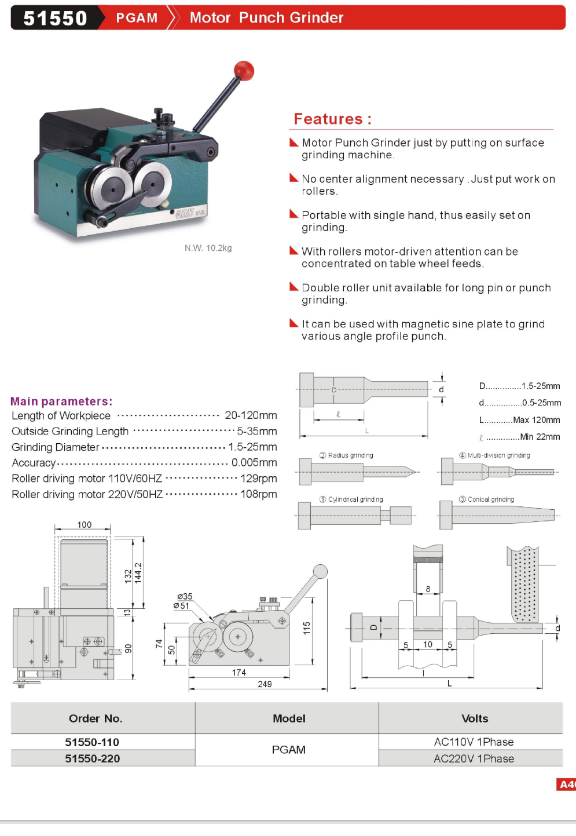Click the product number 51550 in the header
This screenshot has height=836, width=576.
(55, 18)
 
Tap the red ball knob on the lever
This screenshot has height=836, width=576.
(244, 71)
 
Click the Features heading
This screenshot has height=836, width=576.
(332, 119)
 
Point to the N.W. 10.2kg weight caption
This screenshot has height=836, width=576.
(208, 248)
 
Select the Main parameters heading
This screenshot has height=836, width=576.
(61, 401)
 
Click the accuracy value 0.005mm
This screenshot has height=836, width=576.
(254, 462)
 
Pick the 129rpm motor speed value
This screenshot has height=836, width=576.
(259, 479)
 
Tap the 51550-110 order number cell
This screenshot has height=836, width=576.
(92, 742)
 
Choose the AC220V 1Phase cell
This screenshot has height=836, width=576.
(474, 758)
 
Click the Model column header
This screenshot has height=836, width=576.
(289, 718)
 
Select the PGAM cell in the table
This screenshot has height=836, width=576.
(288, 750)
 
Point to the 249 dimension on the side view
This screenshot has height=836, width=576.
(265, 684)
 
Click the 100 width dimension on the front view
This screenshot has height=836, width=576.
(85, 525)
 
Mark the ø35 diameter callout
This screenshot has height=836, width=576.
(185, 596)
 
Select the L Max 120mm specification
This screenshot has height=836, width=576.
(519, 420)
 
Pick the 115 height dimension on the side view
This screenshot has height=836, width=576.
(306, 628)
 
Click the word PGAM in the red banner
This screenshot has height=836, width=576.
(137, 18)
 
